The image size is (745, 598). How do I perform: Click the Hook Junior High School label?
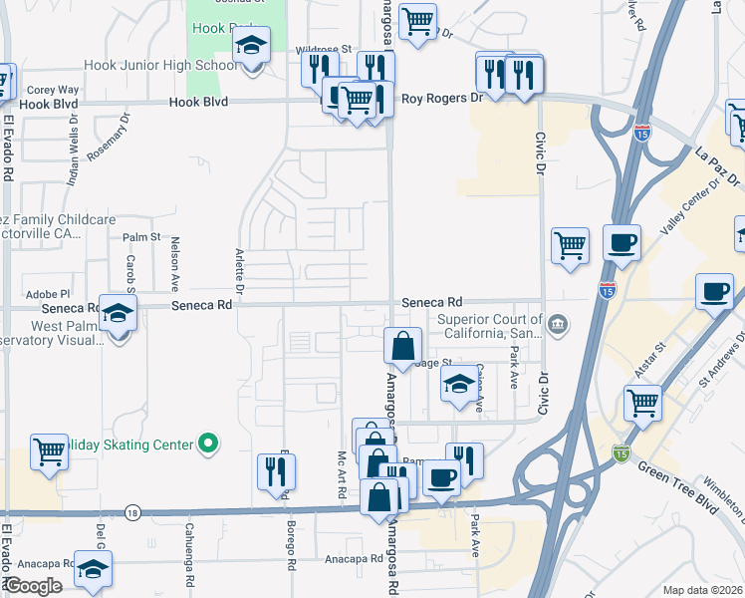click(x=161, y=66)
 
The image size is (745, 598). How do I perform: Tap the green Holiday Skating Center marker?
click(x=208, y=443)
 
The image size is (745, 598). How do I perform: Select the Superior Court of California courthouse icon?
click(x=558, y=324)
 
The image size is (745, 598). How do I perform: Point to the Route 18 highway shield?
click(x=132, y=512)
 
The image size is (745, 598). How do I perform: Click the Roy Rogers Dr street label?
click(x=440, y=99)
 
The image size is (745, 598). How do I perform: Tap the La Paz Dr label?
click(x=718, y=167)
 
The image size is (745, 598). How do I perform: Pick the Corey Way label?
click(x=52, y=89)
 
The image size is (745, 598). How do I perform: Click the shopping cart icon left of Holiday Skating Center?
click(x=49, y=450)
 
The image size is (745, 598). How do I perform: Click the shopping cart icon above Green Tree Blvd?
click(x=642, y=403)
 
